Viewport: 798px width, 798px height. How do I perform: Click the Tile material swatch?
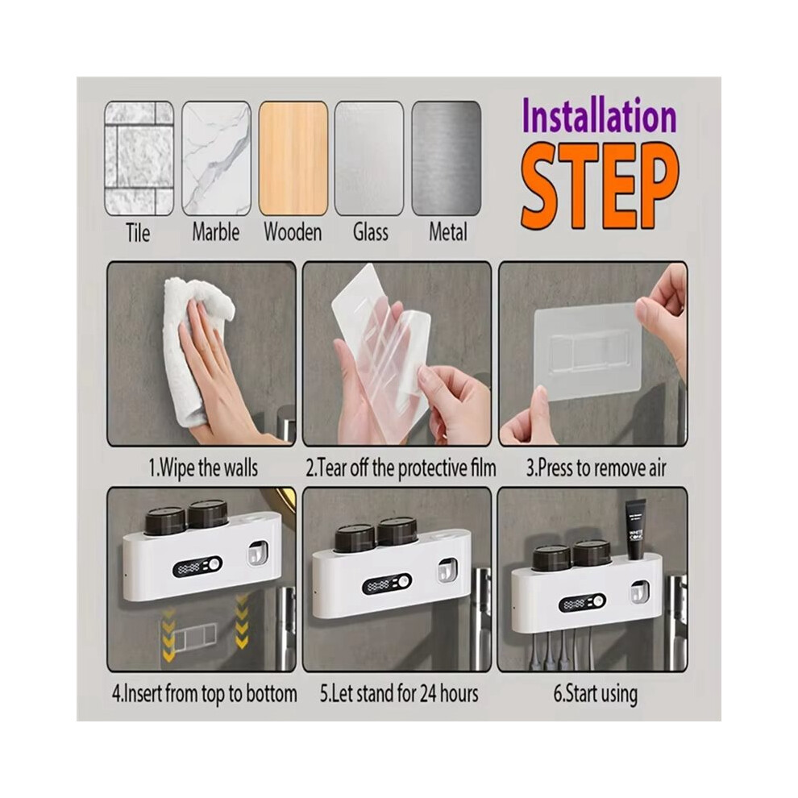[139, 158]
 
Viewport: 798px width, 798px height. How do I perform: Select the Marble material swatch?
[216, 158]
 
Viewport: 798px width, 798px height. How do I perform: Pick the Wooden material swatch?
[293, 158]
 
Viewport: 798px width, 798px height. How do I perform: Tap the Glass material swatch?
[369, 158]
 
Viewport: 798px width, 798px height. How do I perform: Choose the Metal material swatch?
[447, 158]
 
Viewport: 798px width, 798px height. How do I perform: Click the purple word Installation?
[600, 117]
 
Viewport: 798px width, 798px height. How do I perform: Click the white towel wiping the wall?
[196, 346]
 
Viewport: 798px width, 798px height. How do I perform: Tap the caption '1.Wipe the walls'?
[203, 468]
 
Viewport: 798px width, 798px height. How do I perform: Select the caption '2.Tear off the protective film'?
[401, 468]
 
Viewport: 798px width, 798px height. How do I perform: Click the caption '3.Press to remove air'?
[596, 468]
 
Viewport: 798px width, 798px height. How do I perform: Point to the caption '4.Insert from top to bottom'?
[205, 694]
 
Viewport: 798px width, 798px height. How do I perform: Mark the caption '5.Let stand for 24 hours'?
[400, 694]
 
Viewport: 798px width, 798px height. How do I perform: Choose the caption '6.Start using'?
[596, 694]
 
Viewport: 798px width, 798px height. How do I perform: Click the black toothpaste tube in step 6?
[635, 530]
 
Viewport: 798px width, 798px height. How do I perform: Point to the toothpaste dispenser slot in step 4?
[257, 553]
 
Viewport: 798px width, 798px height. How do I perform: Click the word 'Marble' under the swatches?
[216, 233]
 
